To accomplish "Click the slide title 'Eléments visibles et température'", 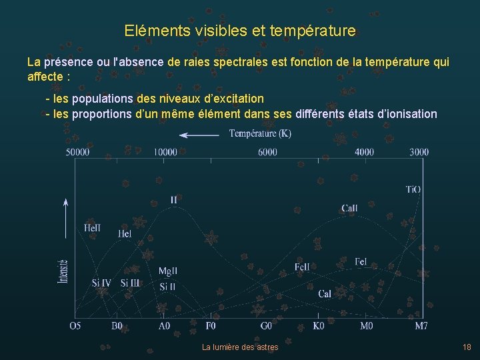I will (x=240, y=31).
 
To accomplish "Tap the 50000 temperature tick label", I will (x=77, y=152).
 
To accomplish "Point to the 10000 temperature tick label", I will (x=165, y=152).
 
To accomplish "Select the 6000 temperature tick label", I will (x=267, y=152).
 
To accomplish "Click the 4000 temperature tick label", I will (x=364, y=152).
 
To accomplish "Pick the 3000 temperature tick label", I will (x=419, y=152).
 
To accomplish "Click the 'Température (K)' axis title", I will (x=260, y=134).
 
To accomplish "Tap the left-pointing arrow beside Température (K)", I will (x=199, y=135).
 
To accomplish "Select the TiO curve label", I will (x=413, y=189).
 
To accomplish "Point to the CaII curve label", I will (x=349, y=209).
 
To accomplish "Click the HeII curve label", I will (x=93, y=229).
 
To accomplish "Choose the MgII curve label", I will (x=167, y=271).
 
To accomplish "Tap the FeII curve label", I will (x=302, y=267).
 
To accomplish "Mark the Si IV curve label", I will (x=101, y=283).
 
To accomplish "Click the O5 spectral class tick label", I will (x=75, y=326).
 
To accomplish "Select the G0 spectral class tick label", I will (x=266, y=326).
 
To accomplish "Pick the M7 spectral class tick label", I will (x=421, y=326).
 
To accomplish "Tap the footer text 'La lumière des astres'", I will (x=240, y=347).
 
